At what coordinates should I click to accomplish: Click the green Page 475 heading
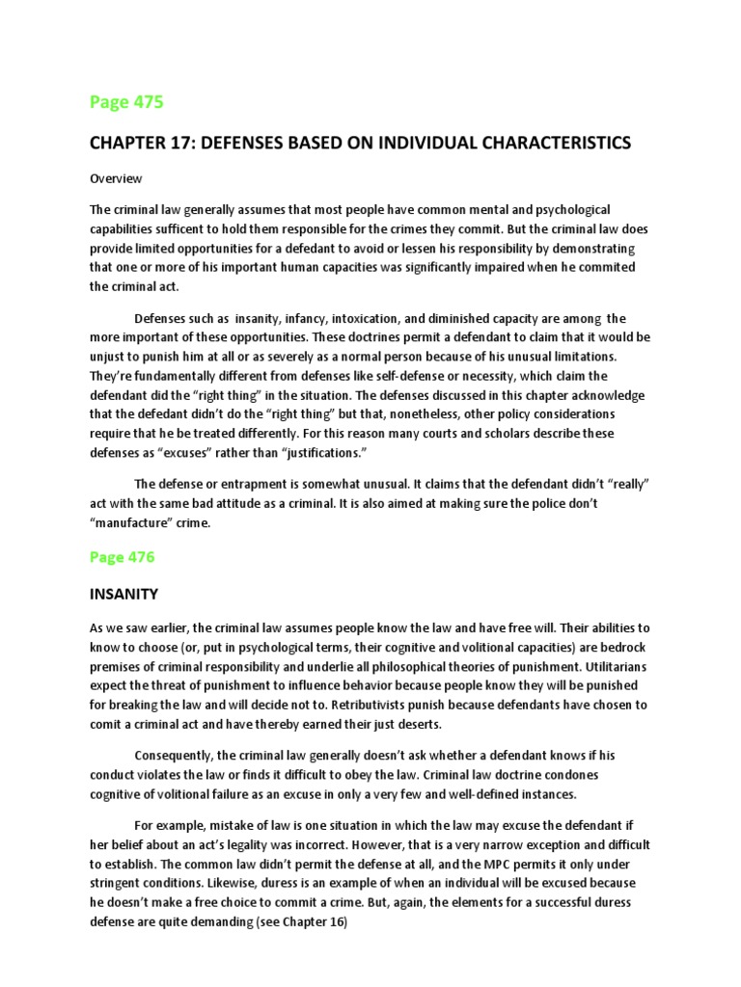coord(126,101)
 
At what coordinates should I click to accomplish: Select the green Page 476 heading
coord(122,557)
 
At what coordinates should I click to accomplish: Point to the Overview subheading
coord(116,178)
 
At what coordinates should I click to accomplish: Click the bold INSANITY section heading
coord(123,594)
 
